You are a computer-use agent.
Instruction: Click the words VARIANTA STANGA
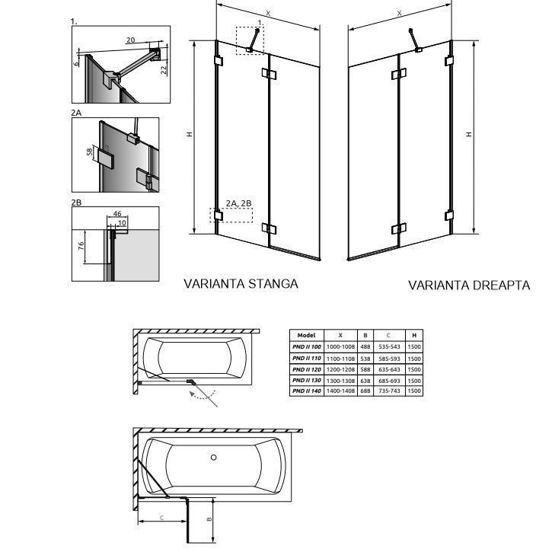[241, 284]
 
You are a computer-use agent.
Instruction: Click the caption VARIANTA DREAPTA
[468, 286]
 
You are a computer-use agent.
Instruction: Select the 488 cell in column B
[365, 346]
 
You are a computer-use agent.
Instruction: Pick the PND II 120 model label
[307, 369]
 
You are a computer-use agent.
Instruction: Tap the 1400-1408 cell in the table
[340, 391]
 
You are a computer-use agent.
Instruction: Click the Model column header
[307, 335]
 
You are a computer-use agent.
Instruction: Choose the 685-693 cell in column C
[389, 379]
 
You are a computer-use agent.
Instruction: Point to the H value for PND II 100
[413, 346]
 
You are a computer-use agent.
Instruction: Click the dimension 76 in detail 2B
[80, 247]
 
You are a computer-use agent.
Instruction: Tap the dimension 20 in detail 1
[130, 40]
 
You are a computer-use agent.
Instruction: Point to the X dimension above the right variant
[399, 13]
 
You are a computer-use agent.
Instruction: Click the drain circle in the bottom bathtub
[214, 458]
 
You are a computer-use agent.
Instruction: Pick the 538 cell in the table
[365, 357]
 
